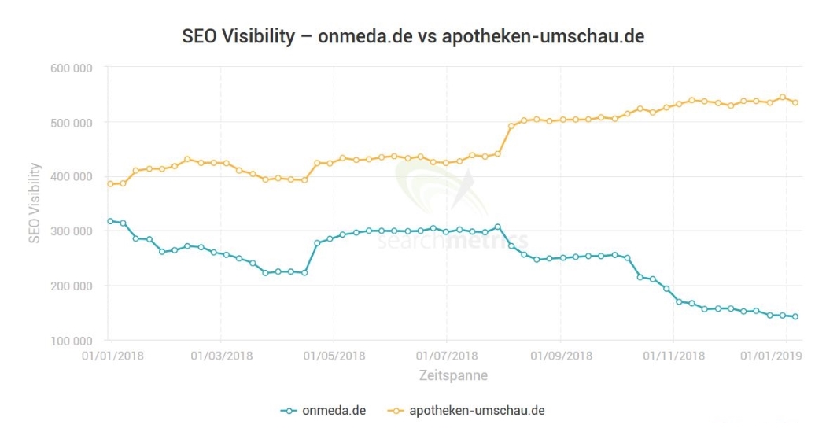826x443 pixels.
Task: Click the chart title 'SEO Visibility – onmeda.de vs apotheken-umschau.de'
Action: click(x=413, y=36)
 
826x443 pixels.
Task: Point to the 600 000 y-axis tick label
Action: click(x=70, y=68)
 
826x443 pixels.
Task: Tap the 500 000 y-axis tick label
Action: click(x=70, y=123)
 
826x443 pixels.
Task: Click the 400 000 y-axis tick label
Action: click(x=70, y=177)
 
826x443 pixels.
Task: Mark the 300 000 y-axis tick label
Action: click(x=70, y=231)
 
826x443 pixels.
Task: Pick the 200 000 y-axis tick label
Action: click(x=70, y=286)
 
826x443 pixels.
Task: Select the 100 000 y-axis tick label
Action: click(x=70, y=341)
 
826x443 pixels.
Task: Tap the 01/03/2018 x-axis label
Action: click(x=222, y=356)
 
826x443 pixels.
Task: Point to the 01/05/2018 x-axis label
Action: click(x=334, y=356)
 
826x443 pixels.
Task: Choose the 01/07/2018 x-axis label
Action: click(x=447, y=356)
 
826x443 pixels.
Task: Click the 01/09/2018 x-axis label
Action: click(x=561, y=356)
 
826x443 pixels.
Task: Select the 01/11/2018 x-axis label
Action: click(x=673, y=356)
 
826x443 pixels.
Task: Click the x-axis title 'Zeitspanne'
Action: click(x=452, y=376)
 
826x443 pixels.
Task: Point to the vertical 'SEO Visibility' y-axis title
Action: click(x=35, y=203)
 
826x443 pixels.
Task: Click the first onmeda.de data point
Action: click(x=110, y=221)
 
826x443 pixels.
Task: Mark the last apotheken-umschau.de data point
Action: click(x=795, y=102)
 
